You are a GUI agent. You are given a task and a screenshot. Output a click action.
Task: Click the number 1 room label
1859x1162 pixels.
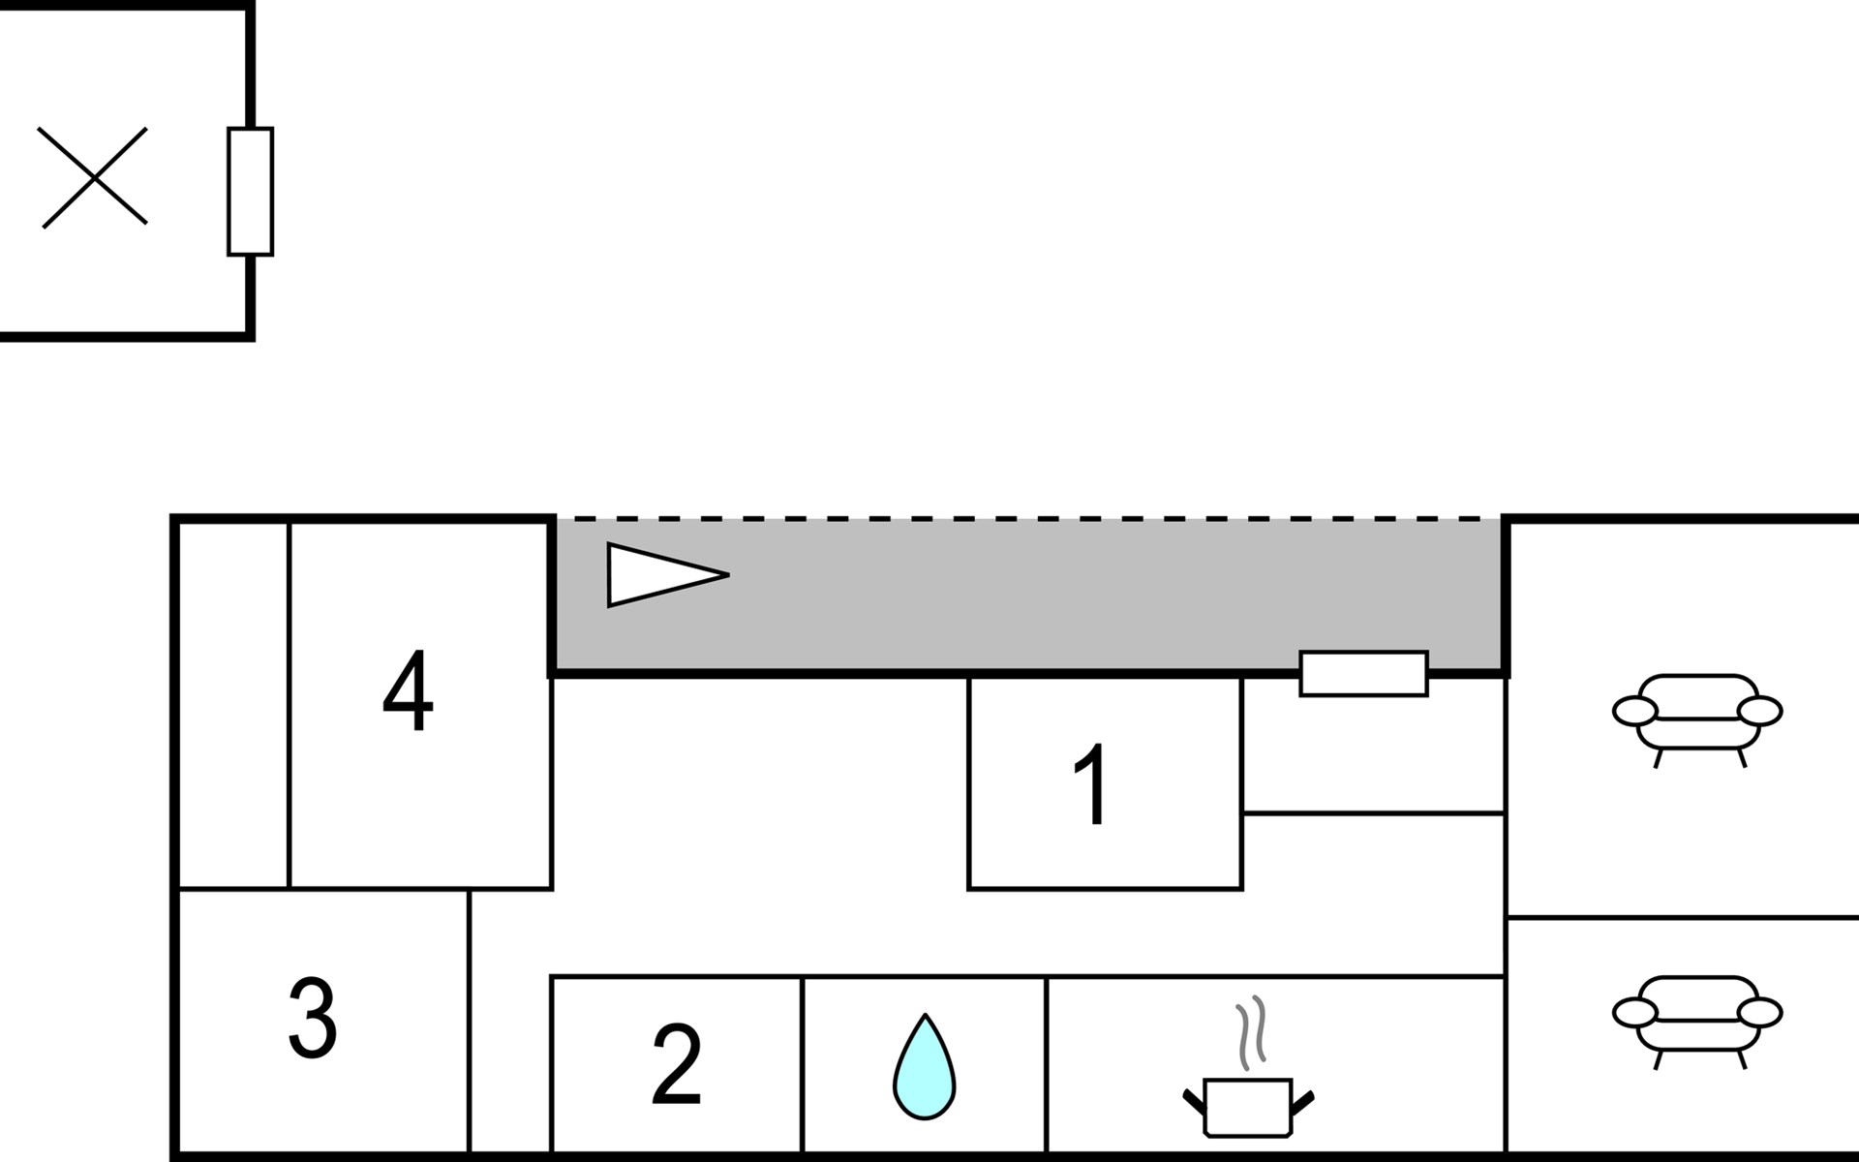click(x=1093, y=784)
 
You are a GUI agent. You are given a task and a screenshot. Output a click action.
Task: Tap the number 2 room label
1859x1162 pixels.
click(x=676, y=1064)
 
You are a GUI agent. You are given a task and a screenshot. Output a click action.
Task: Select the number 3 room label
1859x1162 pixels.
click(x=312, y=1017)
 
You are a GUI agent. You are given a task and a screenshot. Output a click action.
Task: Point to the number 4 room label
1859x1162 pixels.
click(x=408, y=690)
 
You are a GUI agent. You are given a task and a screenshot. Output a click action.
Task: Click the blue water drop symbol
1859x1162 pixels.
click(x=924, y=1067)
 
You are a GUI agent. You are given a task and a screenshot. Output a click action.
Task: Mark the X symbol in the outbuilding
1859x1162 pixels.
click(x=94, y=177)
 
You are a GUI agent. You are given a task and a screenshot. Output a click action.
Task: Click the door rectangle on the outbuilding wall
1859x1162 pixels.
click(x=250, y=192)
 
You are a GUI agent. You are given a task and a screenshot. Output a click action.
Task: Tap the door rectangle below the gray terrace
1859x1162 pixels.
click(x=1363, y=673)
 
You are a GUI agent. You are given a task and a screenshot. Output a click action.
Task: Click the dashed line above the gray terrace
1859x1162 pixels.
click(x=1029, y=519)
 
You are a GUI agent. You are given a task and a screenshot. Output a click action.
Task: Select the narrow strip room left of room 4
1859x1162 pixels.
click(x=233, y=704)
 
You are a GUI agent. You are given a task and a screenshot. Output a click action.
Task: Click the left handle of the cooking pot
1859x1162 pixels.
click(x=1195, y=1102)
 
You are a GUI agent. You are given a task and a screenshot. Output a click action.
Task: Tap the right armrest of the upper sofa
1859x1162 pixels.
click(x=1759, y=711)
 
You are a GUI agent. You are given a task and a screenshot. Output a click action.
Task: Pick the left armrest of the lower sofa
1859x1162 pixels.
click(x=1634, y=1013)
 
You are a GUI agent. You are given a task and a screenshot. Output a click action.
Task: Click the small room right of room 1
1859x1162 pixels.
click(x=1373, y=745)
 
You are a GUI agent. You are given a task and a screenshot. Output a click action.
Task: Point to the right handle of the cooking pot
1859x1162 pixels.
click(x=1302, y=1102)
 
